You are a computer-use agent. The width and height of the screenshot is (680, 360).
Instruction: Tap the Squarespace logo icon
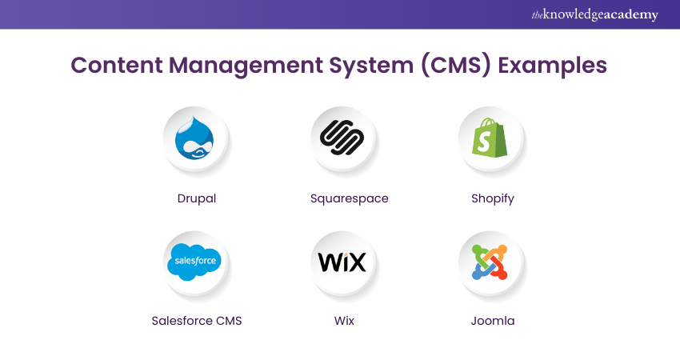click(343, 137)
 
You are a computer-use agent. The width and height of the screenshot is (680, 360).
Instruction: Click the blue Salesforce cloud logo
click(195, 262)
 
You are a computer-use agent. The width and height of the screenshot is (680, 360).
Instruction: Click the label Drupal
click(196, 198)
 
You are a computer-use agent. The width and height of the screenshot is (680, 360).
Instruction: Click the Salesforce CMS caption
click(197, 321)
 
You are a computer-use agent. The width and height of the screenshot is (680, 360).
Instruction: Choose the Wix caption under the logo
click(345, 321)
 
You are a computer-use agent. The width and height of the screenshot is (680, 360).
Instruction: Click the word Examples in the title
click(553, 65)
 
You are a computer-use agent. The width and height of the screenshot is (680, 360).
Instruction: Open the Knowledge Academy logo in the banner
click(595, 15)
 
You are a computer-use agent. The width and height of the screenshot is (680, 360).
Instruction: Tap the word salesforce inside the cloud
click(195, 262)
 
